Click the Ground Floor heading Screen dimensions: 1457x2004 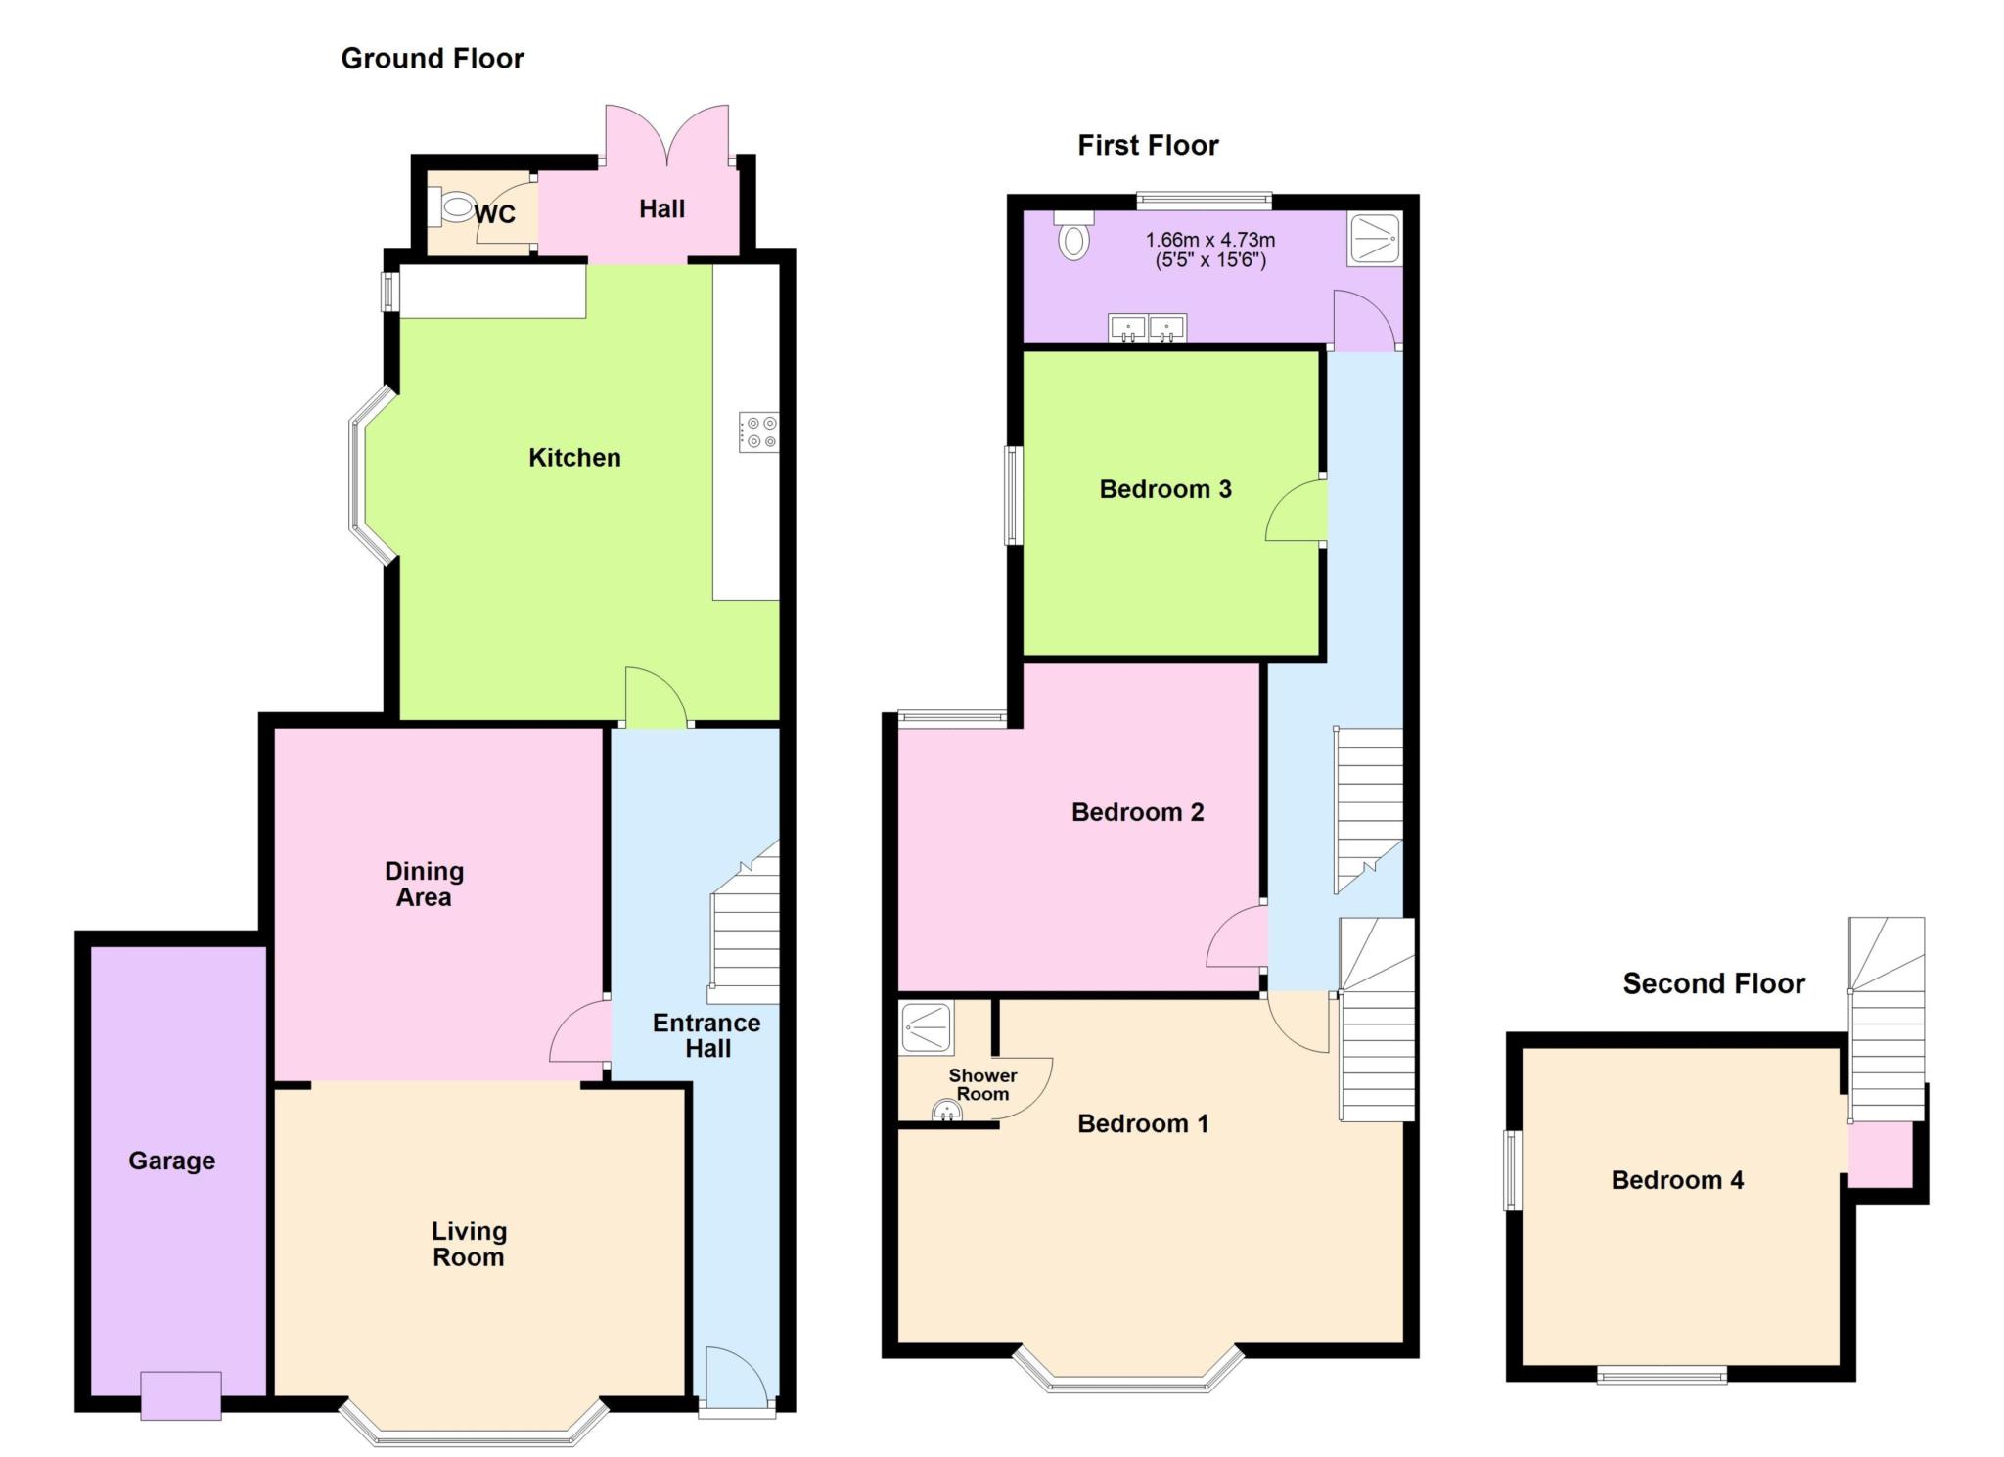tap(432, 59)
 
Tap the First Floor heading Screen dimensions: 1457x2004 tap(1148, 146)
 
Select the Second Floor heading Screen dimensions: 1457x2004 tap(1713, 983)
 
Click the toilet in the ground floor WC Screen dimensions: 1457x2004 tap(454, 207)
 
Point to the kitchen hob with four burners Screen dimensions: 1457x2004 tap(759, 433)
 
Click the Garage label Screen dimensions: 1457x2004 tap(171, 1161)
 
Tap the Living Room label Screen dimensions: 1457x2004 tap(469, 1244)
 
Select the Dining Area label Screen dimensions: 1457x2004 tap(424, 884)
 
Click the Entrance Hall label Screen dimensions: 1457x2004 tap(706, 1035)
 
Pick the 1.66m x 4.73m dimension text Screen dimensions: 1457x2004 tap(1210, 250)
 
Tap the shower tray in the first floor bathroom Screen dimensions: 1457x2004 tap(1375, 238)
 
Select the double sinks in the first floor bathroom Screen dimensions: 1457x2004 tap(1147, 328)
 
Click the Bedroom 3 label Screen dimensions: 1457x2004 tap(1165, 489)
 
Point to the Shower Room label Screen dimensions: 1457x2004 tap(982, 1084)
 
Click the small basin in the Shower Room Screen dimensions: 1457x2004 tap(946, 1111)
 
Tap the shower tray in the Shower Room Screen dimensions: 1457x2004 tap(926, 1028)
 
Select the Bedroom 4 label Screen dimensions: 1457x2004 tap(1677, 1180)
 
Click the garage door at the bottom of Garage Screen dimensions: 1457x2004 tap(181, 1395)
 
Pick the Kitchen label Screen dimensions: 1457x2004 tap(574, 458)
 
